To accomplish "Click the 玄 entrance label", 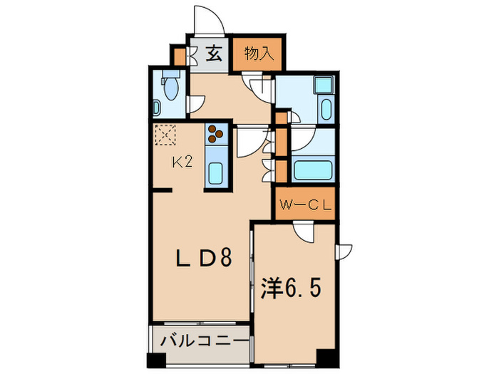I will (214, 53).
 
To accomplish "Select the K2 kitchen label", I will (182, 162).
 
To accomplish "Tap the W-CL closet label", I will (306, 207).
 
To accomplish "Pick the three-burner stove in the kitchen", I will (216, 133).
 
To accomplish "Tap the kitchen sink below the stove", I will (216, 173).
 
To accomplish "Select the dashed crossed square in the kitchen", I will (165, 134).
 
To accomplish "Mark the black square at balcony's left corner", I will (154, 359).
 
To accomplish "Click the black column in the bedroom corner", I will (326, 358).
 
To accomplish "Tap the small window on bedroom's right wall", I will (345, 251).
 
